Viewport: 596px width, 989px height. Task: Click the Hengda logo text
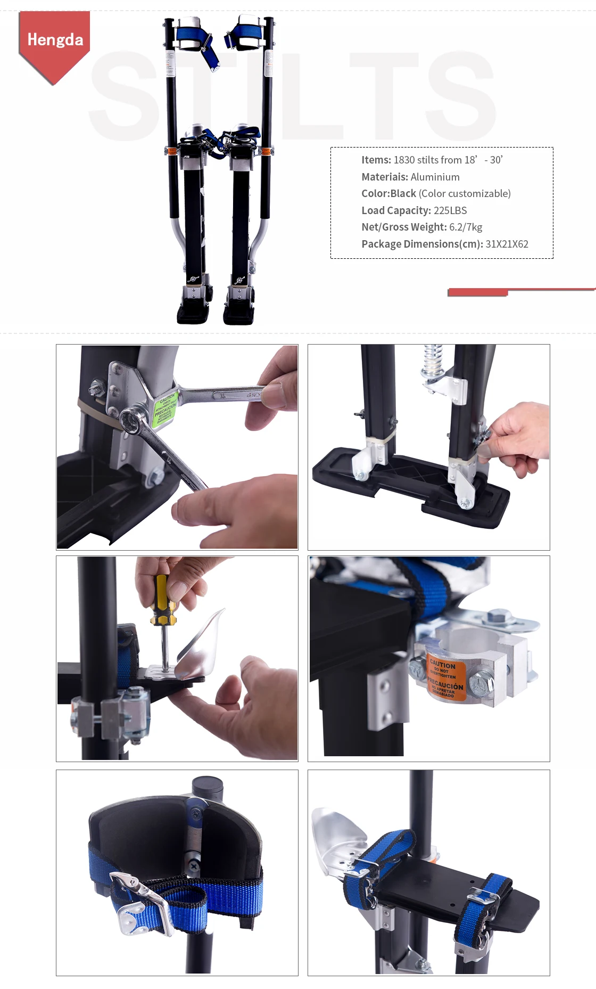click(x=55, y=40)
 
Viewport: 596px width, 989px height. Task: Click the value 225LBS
click(x=450, y=210)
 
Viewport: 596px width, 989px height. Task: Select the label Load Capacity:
click(x=396, y=210)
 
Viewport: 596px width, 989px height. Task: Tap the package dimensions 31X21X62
click(x=507, y=244)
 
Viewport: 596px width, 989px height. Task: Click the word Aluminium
click(x=435, y=177)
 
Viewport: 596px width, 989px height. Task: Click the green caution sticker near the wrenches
click(x=164, y=409)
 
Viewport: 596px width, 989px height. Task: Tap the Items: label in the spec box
click(x=376, y=160)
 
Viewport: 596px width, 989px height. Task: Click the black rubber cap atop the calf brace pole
click(x=207, y=787)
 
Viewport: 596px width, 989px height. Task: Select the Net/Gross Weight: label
click(x=404, y=227)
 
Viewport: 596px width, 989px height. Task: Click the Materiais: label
click(x=384, y=177)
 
